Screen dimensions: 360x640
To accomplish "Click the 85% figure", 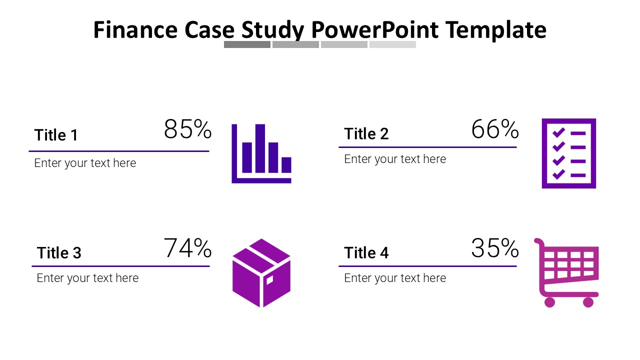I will point(187,129).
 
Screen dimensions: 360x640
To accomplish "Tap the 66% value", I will point(494,129).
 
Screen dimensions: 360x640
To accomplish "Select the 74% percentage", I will point(187,248).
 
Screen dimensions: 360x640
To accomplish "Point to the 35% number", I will point(494,248).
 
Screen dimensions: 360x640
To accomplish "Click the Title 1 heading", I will point(56,135).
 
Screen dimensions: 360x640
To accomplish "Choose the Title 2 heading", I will point(366,134).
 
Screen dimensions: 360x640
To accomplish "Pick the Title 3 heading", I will point(59,253).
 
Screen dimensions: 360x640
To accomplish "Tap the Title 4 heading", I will point(366,253).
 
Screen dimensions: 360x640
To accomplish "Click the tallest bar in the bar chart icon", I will point(260,148).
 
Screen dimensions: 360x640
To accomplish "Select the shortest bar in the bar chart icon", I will point(286,165).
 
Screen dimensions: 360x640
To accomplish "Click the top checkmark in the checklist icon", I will point(558,132).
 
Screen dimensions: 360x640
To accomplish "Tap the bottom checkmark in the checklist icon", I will point(558,174).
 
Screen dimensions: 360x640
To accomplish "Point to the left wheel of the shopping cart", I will point(549,302).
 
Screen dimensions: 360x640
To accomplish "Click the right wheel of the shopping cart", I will point(588,302).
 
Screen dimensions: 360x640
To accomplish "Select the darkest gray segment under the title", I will point(247,44).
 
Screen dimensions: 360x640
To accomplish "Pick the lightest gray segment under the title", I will point(392,44).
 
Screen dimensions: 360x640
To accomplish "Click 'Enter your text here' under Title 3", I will point(87,278).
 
